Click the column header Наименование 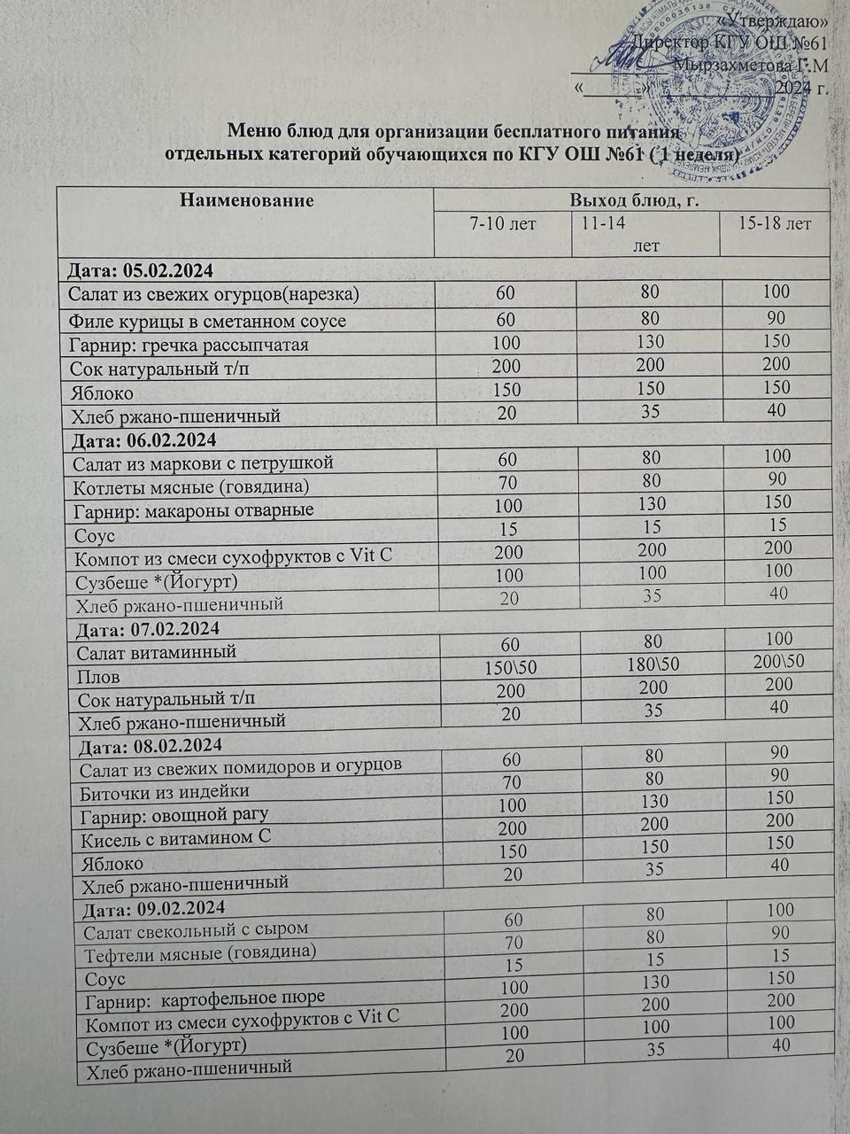tap(247, 200)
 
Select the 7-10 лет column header tap(503, 224)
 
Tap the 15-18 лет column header tap(775, 224)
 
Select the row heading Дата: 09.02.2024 tap(153, 908)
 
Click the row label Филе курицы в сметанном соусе tap(207, 321)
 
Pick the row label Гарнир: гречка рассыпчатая tap(189, 345)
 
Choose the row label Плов tap(98, 677)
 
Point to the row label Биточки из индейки tap(165, 791)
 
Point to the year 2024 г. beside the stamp tap(801, 88)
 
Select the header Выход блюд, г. tap(635, 200)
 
